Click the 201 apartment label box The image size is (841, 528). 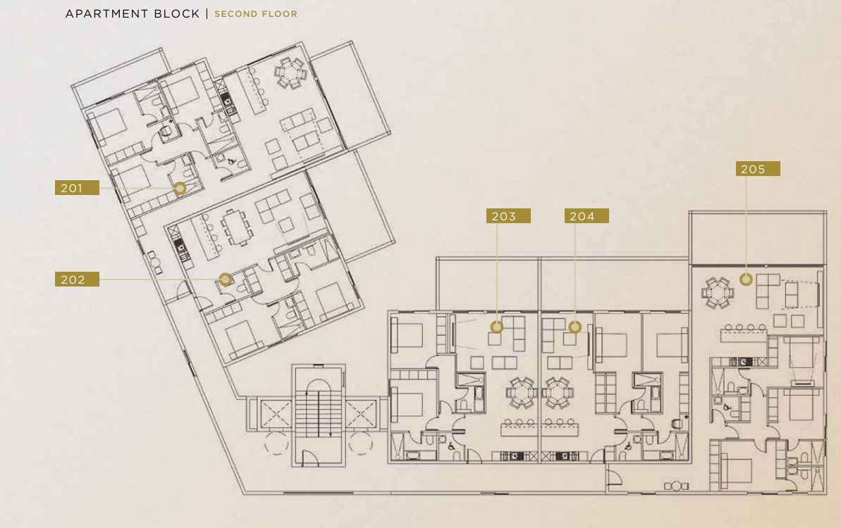coord(77,187)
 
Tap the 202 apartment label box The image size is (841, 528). coord(77,279)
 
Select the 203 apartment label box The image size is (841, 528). coord(508,216)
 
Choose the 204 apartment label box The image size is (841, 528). coord(587,216)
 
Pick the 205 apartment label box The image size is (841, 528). coord(758,169)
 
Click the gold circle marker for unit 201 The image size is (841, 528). coord(180,188)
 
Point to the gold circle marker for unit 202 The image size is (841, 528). coord(226,279)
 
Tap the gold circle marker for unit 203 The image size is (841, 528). coord(497,327)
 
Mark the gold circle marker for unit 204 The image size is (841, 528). coord(575,327)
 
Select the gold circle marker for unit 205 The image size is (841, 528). coord(746,279)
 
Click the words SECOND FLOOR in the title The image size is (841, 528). coord(256,14)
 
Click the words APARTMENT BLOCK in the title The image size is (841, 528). coord(133,13)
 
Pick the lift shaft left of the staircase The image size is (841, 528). coord(276,415)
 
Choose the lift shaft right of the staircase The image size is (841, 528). coord(361,415)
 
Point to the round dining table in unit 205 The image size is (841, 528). coord(718,293)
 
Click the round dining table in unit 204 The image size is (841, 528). coord(558,393)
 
